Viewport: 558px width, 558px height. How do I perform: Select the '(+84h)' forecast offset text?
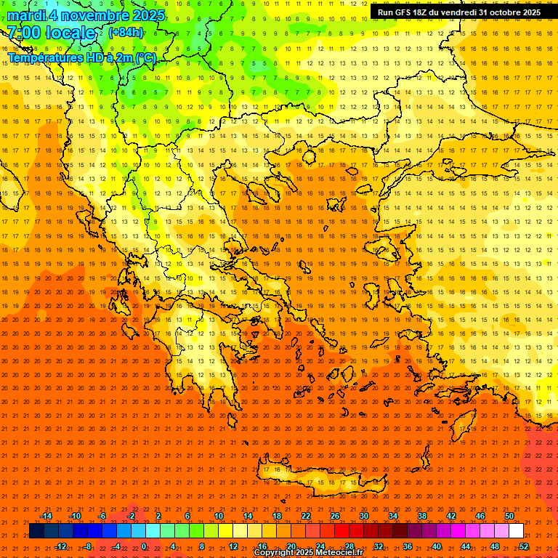click(x=125, y=33)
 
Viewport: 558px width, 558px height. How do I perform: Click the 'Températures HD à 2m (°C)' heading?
click(x=82, y=57)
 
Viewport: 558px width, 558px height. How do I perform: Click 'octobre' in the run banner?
click(x=496, y=12)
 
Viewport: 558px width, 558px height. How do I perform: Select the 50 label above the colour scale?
click(x=509, y=516)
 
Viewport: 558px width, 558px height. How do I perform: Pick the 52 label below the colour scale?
click(x=524, y=546)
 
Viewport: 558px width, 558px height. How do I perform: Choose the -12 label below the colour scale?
click(x=60, y=546)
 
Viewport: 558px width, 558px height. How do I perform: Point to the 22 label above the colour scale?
click(x=306, y=516)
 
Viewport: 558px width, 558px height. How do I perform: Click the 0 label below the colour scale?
click(x=144, y=546)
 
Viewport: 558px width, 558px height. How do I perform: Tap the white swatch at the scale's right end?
click(x=517, y=531)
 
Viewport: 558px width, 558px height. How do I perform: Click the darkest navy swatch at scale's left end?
click(x=36, y=531)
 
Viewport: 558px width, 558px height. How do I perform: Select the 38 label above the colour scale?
click(x=422, y=516)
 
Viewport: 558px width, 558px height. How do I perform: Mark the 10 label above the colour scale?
click(x=219, y=516)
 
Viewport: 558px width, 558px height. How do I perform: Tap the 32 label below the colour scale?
click(x=379, y=546)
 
